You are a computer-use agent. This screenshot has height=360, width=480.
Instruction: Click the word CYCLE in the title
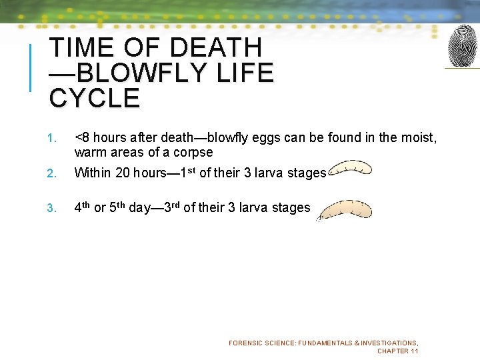pos(95,99)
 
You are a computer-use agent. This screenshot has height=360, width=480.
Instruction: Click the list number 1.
pos(51,139)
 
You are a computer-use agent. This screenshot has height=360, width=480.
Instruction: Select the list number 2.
pos(51,174)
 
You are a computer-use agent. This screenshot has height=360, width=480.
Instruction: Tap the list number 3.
pos(51,209)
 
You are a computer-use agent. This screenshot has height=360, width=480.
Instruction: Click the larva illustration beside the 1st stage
pos(351,169)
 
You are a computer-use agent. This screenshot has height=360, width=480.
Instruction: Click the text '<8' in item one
pos(82,138)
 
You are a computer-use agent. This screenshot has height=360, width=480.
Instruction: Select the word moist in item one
pos(419,138)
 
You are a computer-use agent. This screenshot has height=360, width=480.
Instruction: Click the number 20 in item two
pos(123,173)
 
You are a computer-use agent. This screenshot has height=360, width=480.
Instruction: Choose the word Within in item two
pos(93,173)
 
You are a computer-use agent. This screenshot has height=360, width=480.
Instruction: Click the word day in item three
pos(139,208)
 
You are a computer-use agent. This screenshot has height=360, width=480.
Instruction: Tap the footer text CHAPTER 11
pos(397,351)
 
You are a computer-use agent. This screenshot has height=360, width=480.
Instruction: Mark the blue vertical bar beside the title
pos(30,67)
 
